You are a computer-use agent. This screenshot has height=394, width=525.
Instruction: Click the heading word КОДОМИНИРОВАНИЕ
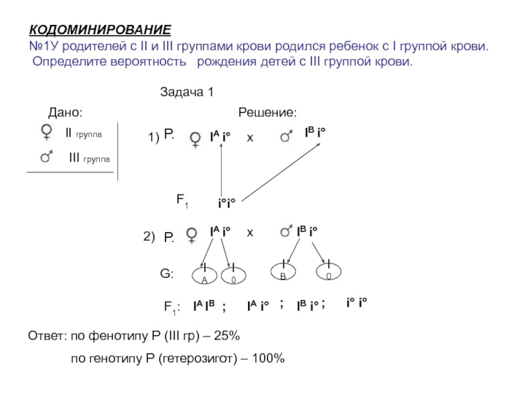100,31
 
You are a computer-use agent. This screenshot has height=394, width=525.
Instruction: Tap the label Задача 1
187,93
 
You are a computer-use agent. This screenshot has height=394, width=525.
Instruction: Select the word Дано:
66,113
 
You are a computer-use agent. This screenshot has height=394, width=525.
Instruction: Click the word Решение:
267,113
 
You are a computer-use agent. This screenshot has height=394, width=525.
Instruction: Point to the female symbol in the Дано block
47,133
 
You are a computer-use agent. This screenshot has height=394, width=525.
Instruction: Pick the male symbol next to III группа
47,156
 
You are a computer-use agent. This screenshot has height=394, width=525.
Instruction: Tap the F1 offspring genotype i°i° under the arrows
227,204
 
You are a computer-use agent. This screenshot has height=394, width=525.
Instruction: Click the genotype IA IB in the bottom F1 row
205,305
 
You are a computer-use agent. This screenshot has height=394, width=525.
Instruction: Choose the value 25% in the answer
230,336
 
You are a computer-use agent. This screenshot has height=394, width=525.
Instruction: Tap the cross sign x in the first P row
249,138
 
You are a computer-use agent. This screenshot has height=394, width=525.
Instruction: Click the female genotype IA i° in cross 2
220,232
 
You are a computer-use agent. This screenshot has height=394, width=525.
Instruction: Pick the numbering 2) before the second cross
148,236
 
